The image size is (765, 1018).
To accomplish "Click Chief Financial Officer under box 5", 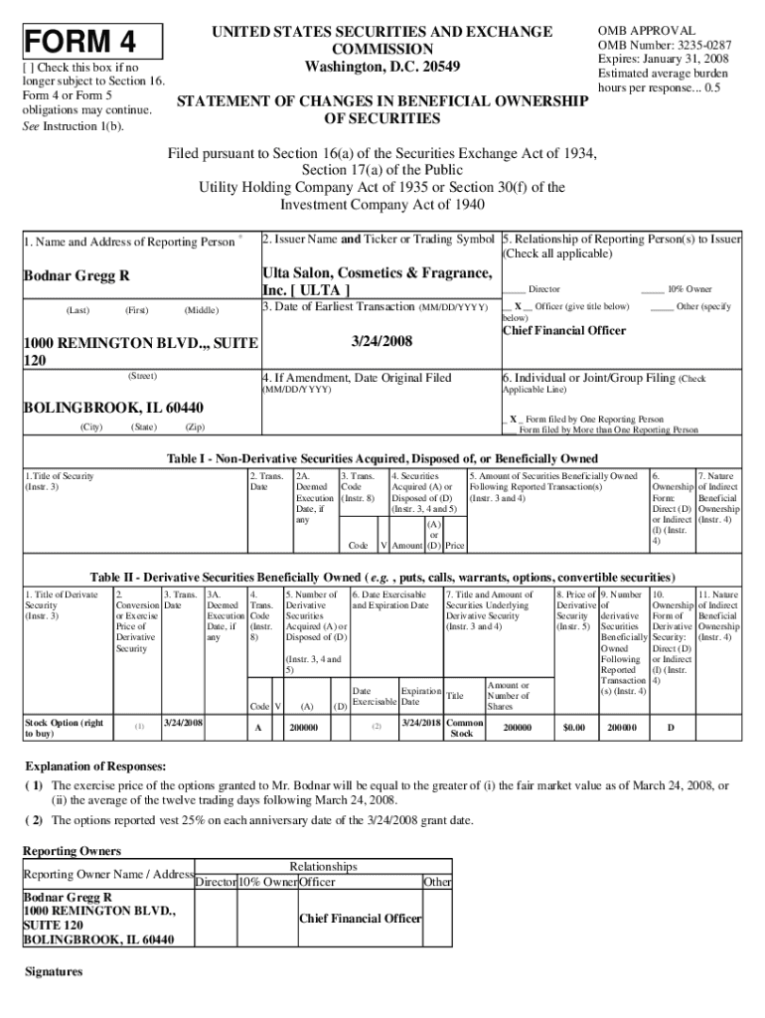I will pyautogui.click(x=564, y=330).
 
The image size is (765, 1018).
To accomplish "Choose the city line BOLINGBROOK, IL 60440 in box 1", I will pyautogui.click(x=113, y=408).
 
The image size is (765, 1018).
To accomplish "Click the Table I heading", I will pyautogui.click(x=382, y=458).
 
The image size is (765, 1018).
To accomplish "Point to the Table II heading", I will pyautogui.click(x=382, y=578).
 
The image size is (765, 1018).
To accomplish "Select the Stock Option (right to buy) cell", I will pyautogui.click(x=63, y=728).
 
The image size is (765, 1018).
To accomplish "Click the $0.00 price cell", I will pyautogui.click(x=574, y=729).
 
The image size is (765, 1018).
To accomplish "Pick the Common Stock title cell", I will pyautogui.click(x=463, y=728).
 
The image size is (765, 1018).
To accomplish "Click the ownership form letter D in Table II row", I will pyautogui.click(x=670, y=729).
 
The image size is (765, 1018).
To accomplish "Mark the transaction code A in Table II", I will pyautogui.click(x=258, y=729).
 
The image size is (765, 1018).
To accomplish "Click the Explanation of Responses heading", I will pyautogui.click(x=94, y=766).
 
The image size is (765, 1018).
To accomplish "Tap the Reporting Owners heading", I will pyautogui.click(x=72, y=851).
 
